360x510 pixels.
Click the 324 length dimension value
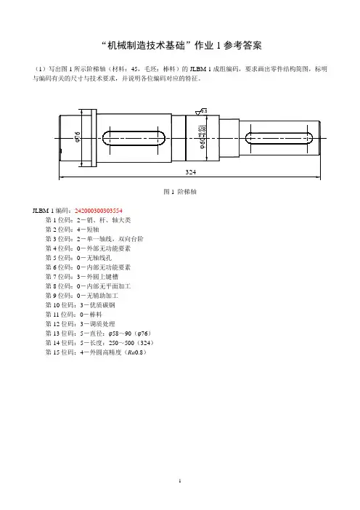pyautogui.click(x=191, y=172)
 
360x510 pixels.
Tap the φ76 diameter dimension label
pyautogui.click(x=78, y=137)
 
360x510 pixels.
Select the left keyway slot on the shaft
pyautogui.click(x=134, y=138)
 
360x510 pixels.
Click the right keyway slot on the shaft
pyautogui.click(x=279, y=138)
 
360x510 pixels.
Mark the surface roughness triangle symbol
pyautogui.click(x=198, y=113)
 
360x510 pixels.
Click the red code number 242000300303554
pyautogui.click(x=99, y=211)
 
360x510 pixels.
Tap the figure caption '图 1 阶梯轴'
pyautogui.click(x=180, y=192)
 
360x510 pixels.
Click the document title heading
pyautogui.click(x=181, y=45)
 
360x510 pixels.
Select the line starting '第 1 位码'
pyautogui.click(x=88, y=220)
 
